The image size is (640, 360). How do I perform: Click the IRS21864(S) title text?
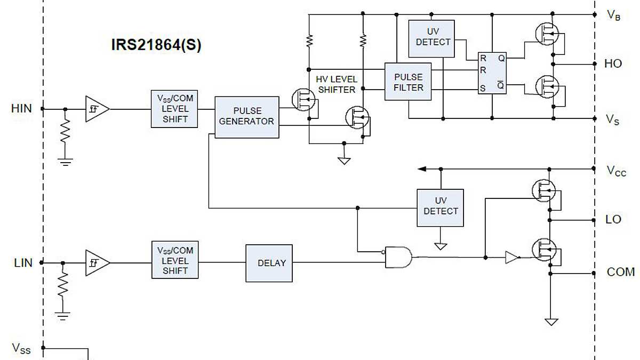pos(156,45)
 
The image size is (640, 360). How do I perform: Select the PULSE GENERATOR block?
pos(246,117)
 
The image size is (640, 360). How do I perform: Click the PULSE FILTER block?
pos(408,82)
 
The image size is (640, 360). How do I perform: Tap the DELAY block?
pos(269,263)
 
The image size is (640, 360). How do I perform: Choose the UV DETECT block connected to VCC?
pos(440,207)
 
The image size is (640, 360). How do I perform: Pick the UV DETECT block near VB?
pos(431,38)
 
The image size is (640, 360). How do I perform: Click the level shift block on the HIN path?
pos(175,109)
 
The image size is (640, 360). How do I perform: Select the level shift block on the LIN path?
pos(175,261)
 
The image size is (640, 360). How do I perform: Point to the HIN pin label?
pos(21,108)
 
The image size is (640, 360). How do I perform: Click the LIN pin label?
pos(23,263)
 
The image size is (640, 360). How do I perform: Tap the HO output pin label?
pos(613,64)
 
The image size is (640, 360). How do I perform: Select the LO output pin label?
pos(613,220)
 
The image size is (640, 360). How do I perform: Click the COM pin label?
pos(620,272)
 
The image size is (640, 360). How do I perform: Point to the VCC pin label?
pos(616,171)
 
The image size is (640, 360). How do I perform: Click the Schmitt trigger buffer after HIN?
pos(97,109)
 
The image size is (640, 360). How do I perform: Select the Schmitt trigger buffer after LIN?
pos(97,263)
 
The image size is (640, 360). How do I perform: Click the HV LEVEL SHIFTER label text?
pos(336,84)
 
